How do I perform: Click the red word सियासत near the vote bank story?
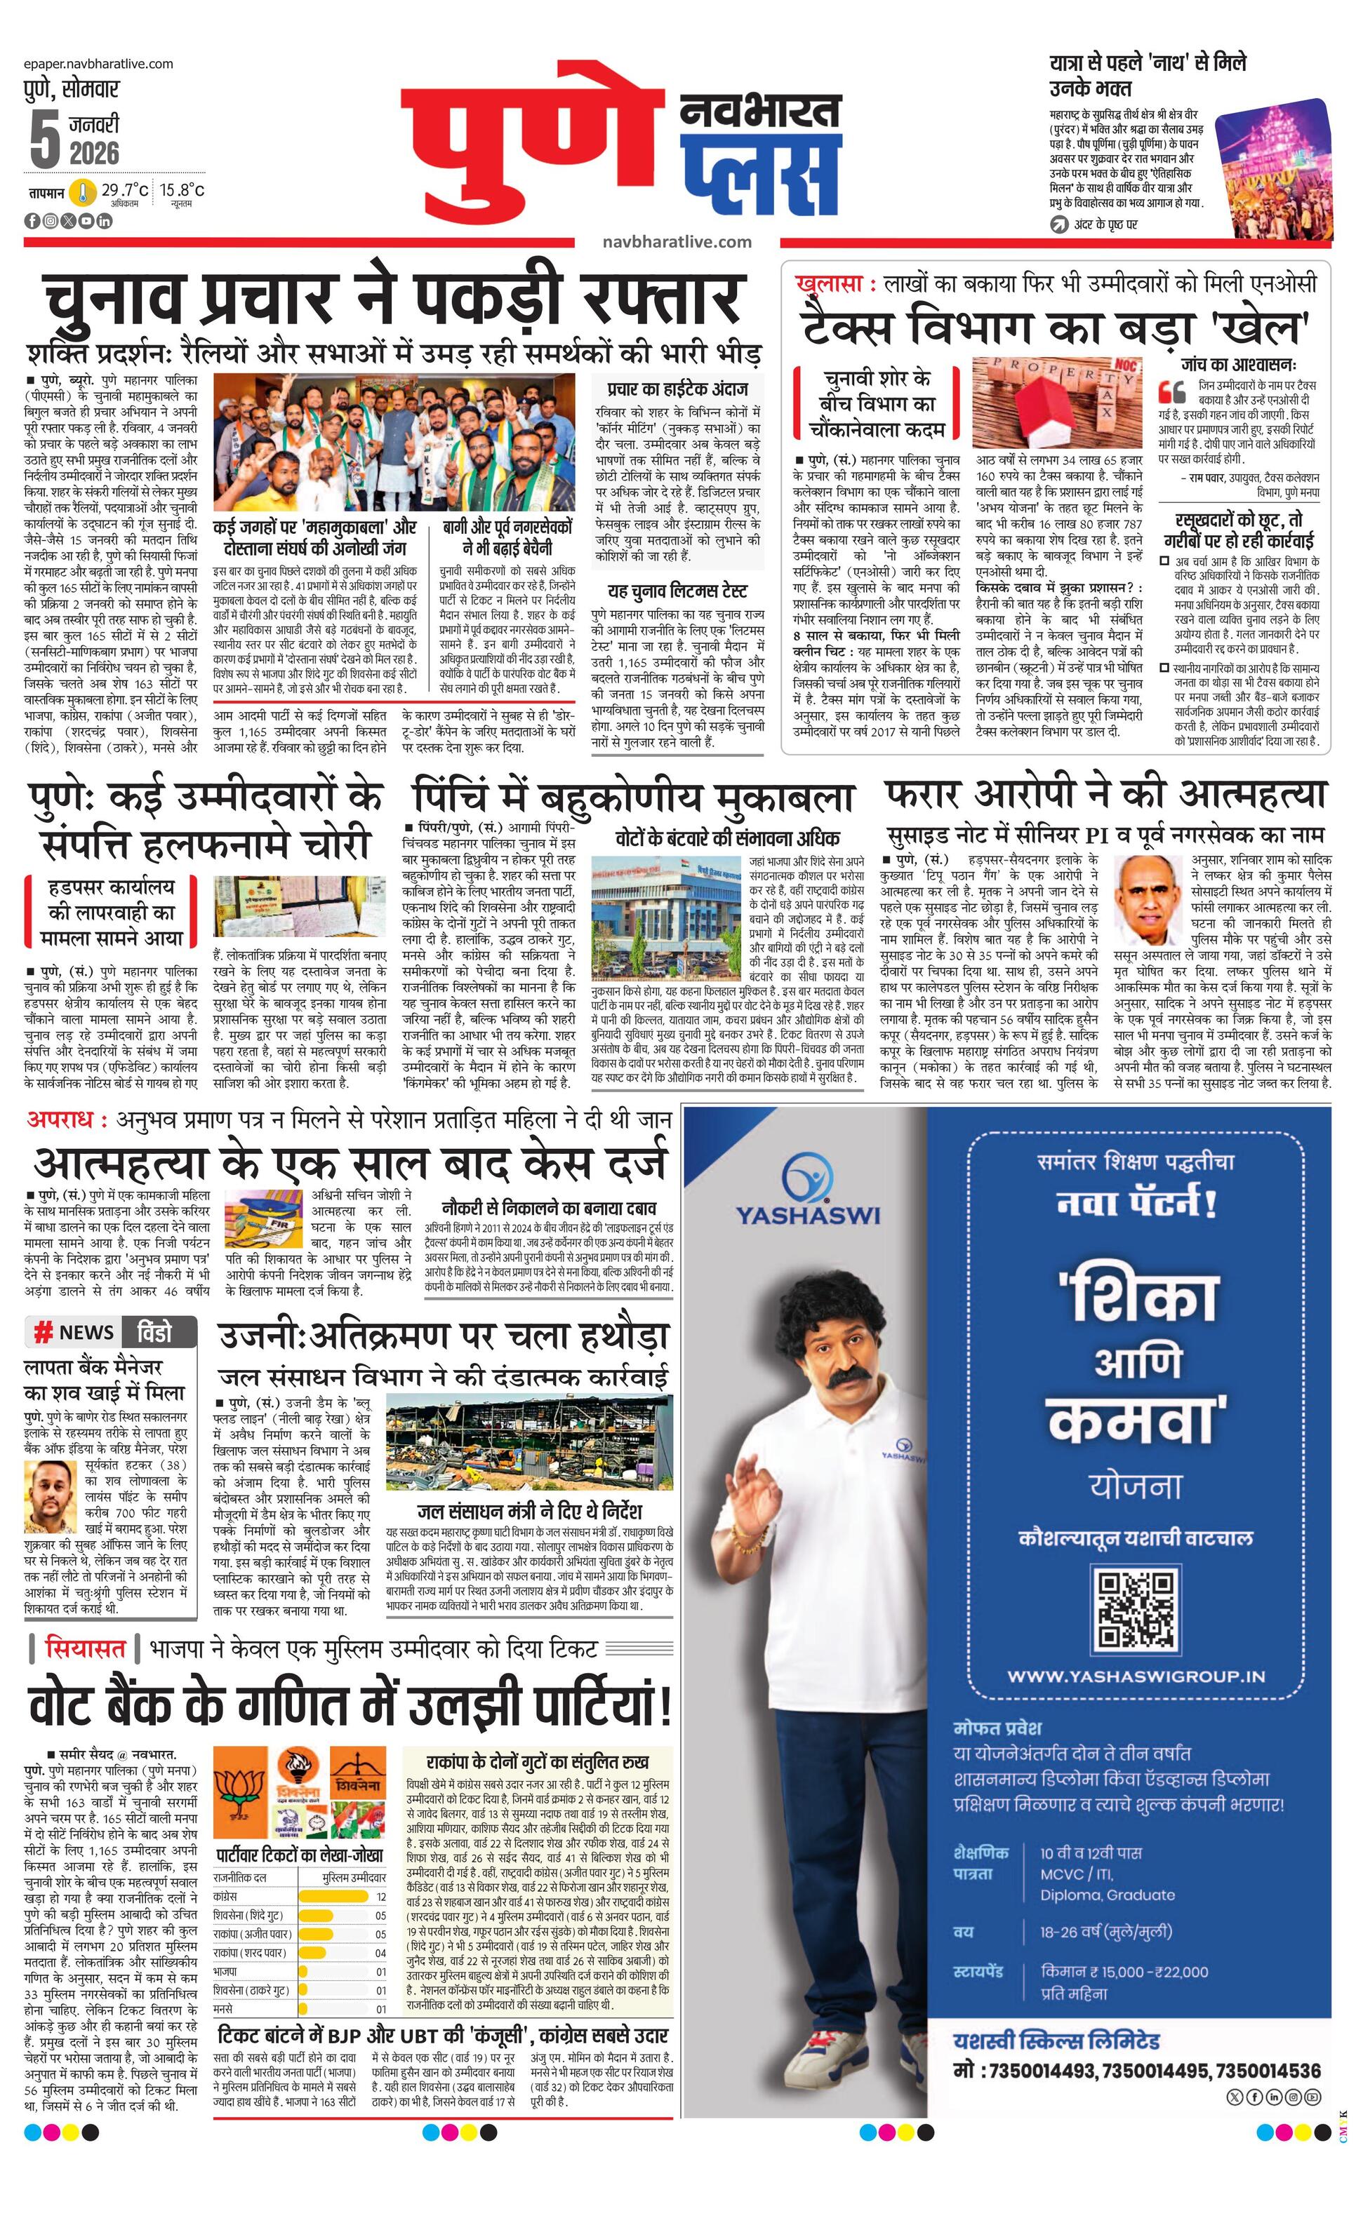85,1648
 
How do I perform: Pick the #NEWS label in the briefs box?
76,1332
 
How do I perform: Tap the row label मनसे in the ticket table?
223,2009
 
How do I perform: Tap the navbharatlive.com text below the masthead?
677,241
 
